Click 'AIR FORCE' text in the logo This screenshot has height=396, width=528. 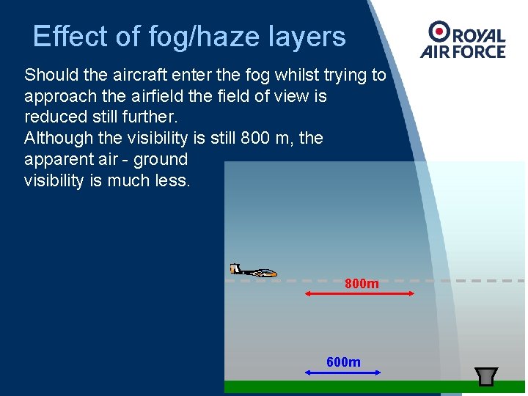pyautogui.click(x=463, y=51)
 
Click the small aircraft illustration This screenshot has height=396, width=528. pyautogui.click(x=253, y=271)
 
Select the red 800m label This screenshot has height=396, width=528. pyautogui.click(x=362, y=284)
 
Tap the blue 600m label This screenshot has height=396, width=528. pyautogui.click(x=343, y=362)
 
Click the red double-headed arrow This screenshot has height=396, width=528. pyautogui.click(x=359, y=293)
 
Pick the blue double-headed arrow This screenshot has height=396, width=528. pyautogui.click(x=342, y=373)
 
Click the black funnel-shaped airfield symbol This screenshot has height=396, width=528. pyautogui.click(x=487, y=375)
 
